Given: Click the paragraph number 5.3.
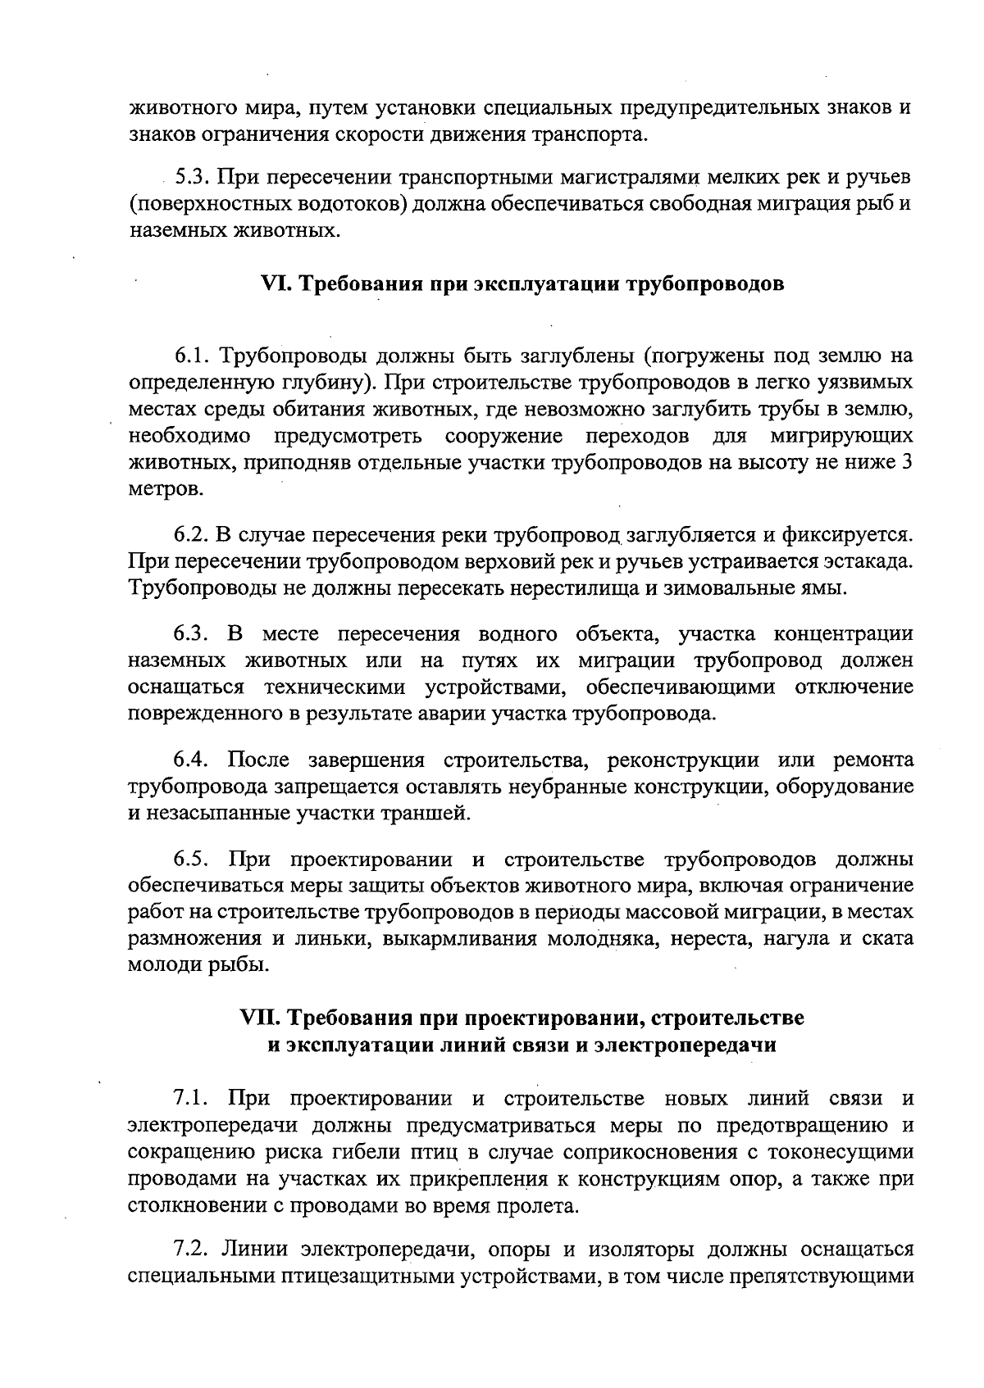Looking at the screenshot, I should pos(192,178).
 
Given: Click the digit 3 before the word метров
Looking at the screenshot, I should pos(907,462).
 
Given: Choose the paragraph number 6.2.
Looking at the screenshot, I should pos(192,535).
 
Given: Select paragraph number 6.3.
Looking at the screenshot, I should pos(192,633).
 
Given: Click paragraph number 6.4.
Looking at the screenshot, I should pos(192,760).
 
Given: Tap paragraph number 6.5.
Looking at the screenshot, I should pos(192,859).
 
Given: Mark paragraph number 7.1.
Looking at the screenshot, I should pos(192,1098).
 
